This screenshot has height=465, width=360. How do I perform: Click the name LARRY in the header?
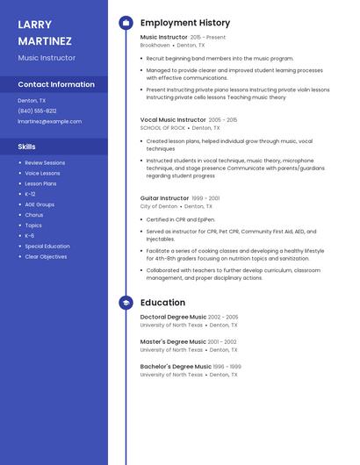tap(35, 25)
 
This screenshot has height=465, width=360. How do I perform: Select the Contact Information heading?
tap(56, 85)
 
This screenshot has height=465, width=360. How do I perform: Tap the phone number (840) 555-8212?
tap(37, 111)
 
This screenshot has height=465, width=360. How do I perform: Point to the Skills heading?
tap(26, 147)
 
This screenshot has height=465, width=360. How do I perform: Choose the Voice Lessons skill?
tap(42, 174)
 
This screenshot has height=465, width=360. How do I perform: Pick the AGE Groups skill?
tap(40, 204)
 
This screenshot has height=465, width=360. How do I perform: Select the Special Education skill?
tap(47, 247)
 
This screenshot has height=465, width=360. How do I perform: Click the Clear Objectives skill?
tap(45, 257)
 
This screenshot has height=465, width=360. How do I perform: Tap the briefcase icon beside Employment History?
tap(126, 23)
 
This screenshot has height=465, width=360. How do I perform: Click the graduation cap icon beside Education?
tap(126, 303)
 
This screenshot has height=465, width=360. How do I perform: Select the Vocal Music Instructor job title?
tap(173, 119)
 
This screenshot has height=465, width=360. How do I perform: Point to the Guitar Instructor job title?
tap(164, 198)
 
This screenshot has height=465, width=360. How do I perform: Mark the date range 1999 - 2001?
tap(205, 198)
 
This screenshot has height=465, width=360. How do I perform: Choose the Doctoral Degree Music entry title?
tap(173, 317)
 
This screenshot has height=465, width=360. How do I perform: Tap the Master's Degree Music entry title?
tap(173, 341)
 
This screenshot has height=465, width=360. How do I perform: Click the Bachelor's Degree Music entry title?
tap(176, 366)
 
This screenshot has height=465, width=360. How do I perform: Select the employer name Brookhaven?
tap(155, 45)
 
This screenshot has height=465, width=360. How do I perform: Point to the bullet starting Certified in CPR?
tap(180, 219)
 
